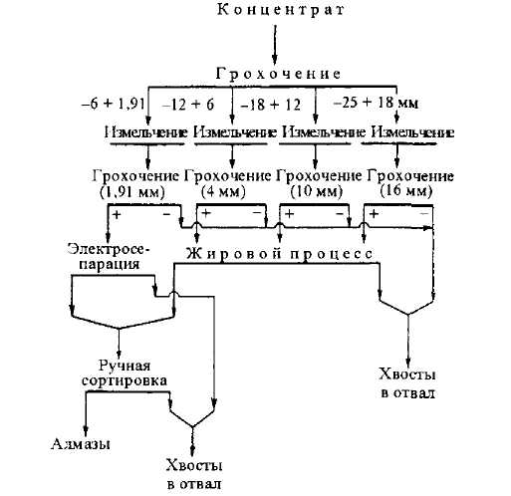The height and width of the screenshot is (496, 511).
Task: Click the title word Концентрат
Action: [281, 10]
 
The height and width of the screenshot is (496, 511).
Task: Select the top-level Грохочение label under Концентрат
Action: [278, 74]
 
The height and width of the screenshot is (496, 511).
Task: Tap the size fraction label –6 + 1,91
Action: [113, 104]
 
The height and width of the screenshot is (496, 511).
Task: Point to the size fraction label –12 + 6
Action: [188, 105]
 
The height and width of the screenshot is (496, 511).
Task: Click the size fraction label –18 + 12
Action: [270, 105]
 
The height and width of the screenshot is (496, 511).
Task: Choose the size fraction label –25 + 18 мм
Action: [376, 103]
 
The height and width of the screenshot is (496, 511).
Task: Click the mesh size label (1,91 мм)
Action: [132, 192]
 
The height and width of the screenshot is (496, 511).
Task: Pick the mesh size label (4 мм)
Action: [223, 192]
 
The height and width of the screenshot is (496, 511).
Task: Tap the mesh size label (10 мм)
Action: [316, 192]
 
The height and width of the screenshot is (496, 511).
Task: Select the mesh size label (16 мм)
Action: [406, 191]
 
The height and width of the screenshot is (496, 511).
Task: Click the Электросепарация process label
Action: [109, 256]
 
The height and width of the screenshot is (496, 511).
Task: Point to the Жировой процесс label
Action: [279, 254]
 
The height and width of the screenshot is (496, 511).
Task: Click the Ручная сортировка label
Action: [125, 373]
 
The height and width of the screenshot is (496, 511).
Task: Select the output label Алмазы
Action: [81, 444]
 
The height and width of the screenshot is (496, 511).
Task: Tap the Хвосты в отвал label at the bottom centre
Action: [194, 474]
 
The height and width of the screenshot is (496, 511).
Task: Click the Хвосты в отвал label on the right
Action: [407, 383]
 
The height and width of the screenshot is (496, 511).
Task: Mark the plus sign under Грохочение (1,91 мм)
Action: [117, 215]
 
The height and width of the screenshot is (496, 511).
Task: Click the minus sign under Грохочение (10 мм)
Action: [340, 214]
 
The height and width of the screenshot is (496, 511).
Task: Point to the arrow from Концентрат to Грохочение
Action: [275, 45]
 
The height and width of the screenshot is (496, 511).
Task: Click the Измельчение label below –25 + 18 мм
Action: [412, 132]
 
